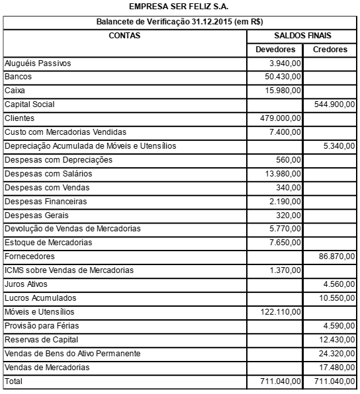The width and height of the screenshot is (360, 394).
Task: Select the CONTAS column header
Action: point(124,36)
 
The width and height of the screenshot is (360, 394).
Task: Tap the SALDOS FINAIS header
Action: point(302,36)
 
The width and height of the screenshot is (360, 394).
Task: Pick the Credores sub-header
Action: point(330,50)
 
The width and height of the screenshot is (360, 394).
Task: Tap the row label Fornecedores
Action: point(29,256)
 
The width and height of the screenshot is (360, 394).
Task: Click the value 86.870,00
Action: point(336,256)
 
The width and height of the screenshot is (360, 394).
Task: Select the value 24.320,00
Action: point(336,354)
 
